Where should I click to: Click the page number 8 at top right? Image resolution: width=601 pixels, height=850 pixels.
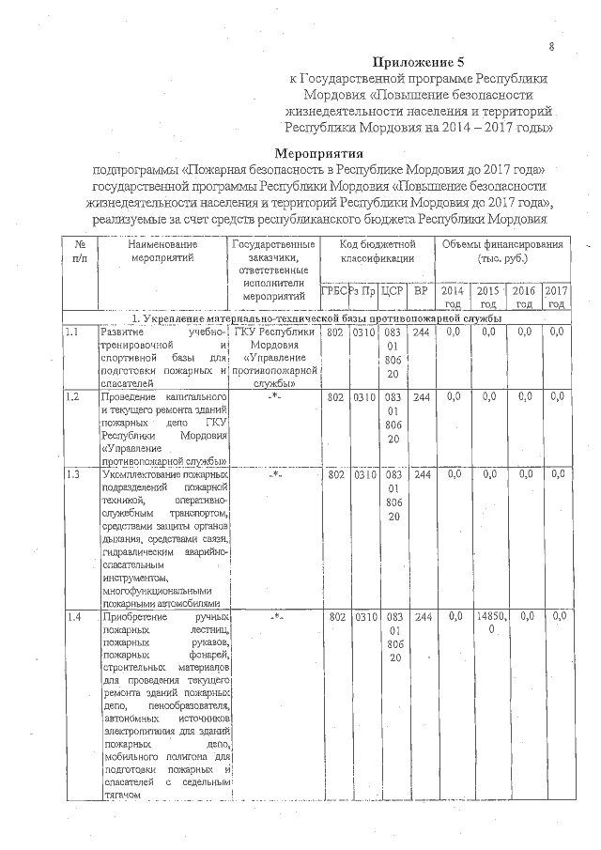(x=551, y=46)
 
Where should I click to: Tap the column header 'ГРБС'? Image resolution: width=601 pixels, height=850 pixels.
(x=333, y=291)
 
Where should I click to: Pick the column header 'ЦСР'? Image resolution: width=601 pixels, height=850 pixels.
(x=393, y=291)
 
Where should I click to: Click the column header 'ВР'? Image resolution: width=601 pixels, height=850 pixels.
(x=422, y=291)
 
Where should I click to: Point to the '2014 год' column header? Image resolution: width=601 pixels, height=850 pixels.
(x=453, y=297)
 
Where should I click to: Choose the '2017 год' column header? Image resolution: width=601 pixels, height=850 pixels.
(x=557, y=297)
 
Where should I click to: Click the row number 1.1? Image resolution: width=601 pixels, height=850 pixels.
(x=71, y=332)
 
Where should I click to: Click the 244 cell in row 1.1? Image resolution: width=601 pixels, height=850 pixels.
(x=422, y=332)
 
